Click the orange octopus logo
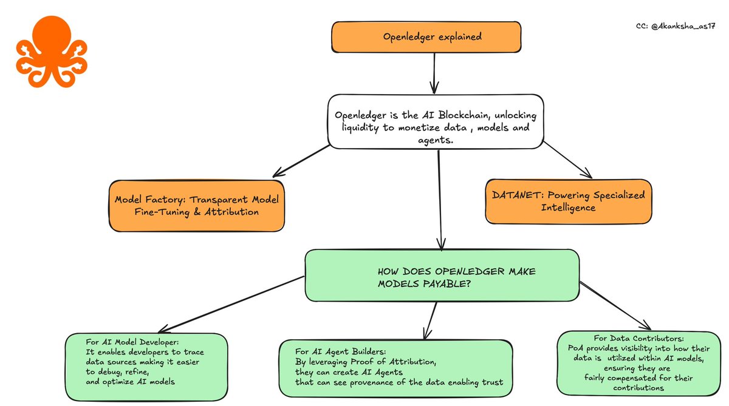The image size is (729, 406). (52, 52)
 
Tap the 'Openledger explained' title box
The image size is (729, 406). (426, 37)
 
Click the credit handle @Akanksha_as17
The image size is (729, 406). (683, 26)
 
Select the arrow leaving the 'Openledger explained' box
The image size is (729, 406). (434, 73)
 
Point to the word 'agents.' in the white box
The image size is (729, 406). (436, 140)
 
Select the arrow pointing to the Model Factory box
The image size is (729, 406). (301, 161)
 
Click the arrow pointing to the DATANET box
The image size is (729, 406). (567, 160)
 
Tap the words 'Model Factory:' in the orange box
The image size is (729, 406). (150, 199)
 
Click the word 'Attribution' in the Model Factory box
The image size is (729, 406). (231, 212)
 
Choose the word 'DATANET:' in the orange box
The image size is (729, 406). (518, 195)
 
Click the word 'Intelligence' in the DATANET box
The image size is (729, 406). (568, 208)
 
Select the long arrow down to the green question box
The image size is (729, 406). (440, 200)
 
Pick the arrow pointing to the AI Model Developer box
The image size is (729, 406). (231, 305)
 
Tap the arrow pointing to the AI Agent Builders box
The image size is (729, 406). (431, 320)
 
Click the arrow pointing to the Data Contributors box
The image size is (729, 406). (615, 306)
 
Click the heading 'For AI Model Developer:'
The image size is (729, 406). (132, 342)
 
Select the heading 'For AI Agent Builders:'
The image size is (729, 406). (341, 351)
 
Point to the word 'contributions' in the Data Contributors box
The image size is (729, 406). (638, 388)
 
